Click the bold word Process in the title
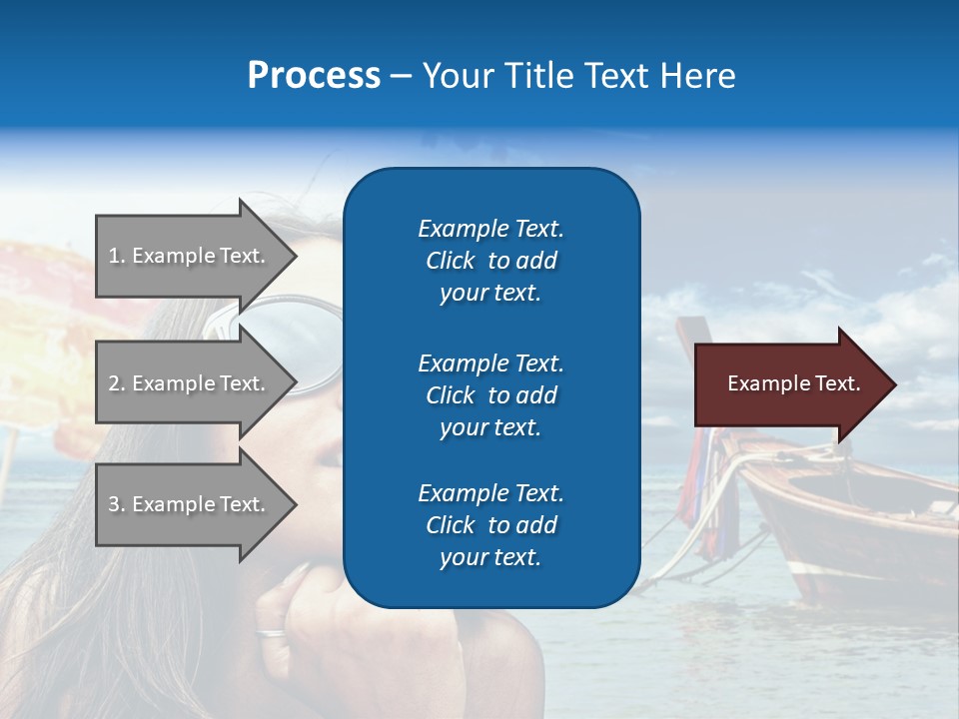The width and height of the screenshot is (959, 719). click(x=314, y=75)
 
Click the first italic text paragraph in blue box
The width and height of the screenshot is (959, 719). click(x=490, y=261)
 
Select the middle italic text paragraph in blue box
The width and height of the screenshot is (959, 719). click(x=490, y=395)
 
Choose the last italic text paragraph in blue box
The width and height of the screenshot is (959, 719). click(x=490, y=525)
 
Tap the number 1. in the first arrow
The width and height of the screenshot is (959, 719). click(x=117, y=256)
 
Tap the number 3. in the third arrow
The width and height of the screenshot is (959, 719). click(x=117, y=504)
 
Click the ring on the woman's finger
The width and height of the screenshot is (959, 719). click(x=272, y=632)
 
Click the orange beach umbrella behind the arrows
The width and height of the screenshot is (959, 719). click(x=50, y=300)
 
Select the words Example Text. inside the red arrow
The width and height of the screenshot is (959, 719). click(x=794, y=383)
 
